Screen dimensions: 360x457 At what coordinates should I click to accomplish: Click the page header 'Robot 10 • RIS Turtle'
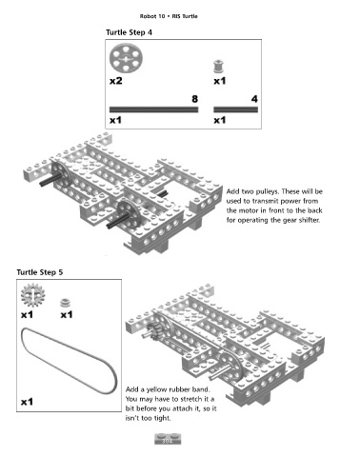pos(169,16)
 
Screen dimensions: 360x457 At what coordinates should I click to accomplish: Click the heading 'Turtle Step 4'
pos(129,32)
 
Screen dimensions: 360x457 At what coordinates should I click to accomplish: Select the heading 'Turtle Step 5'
pos(40,272)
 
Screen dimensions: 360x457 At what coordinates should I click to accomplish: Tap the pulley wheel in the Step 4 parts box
pos(126,59)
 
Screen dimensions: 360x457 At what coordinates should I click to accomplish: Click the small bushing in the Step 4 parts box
pos(218,66)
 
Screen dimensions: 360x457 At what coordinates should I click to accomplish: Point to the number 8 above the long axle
pos(194,99)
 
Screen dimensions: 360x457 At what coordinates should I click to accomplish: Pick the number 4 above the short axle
pos(254,99)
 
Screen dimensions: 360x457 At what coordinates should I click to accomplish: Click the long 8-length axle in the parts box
pos(153,109)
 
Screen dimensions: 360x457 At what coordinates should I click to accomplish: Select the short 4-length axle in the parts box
pos(235,109)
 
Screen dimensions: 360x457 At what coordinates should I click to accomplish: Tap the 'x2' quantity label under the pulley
pos(116,81)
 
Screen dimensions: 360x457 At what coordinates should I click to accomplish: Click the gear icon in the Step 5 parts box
pos(32,295)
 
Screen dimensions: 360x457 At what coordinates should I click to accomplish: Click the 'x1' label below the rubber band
pos(27,402)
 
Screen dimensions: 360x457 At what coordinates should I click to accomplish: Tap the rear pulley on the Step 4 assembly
pos(61,174)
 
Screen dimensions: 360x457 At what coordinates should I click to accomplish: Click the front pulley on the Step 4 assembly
pos(129,213)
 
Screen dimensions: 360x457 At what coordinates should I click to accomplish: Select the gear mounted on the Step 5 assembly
pos(154,330)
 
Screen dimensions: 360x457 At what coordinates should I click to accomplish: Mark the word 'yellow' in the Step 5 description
pos(156,389)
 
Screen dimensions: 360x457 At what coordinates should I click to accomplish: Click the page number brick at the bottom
pos(168,439)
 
